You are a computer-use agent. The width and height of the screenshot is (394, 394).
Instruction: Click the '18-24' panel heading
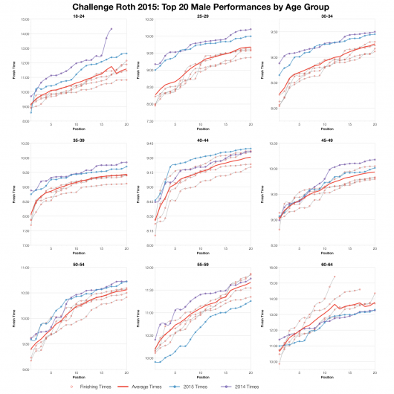coord(78,15)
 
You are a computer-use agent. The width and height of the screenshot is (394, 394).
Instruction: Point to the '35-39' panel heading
coord(78,138)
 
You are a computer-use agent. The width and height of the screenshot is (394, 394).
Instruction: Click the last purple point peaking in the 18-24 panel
coord(111,28)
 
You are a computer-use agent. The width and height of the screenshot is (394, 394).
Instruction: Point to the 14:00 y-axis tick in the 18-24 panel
coord(24,34)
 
